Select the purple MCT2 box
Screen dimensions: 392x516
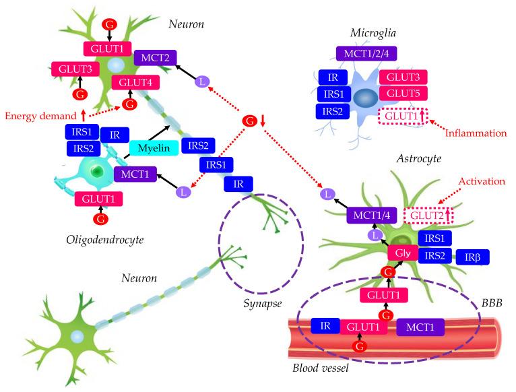(x=156, y=59)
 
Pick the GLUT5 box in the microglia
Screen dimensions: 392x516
(x=402, y=94)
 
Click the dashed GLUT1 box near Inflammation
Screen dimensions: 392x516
(x=402, y=116)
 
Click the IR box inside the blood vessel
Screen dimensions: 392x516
(x=325, y=326)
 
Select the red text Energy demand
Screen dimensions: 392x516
(x=39, y=115)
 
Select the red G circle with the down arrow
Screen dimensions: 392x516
(x=250, y=121)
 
